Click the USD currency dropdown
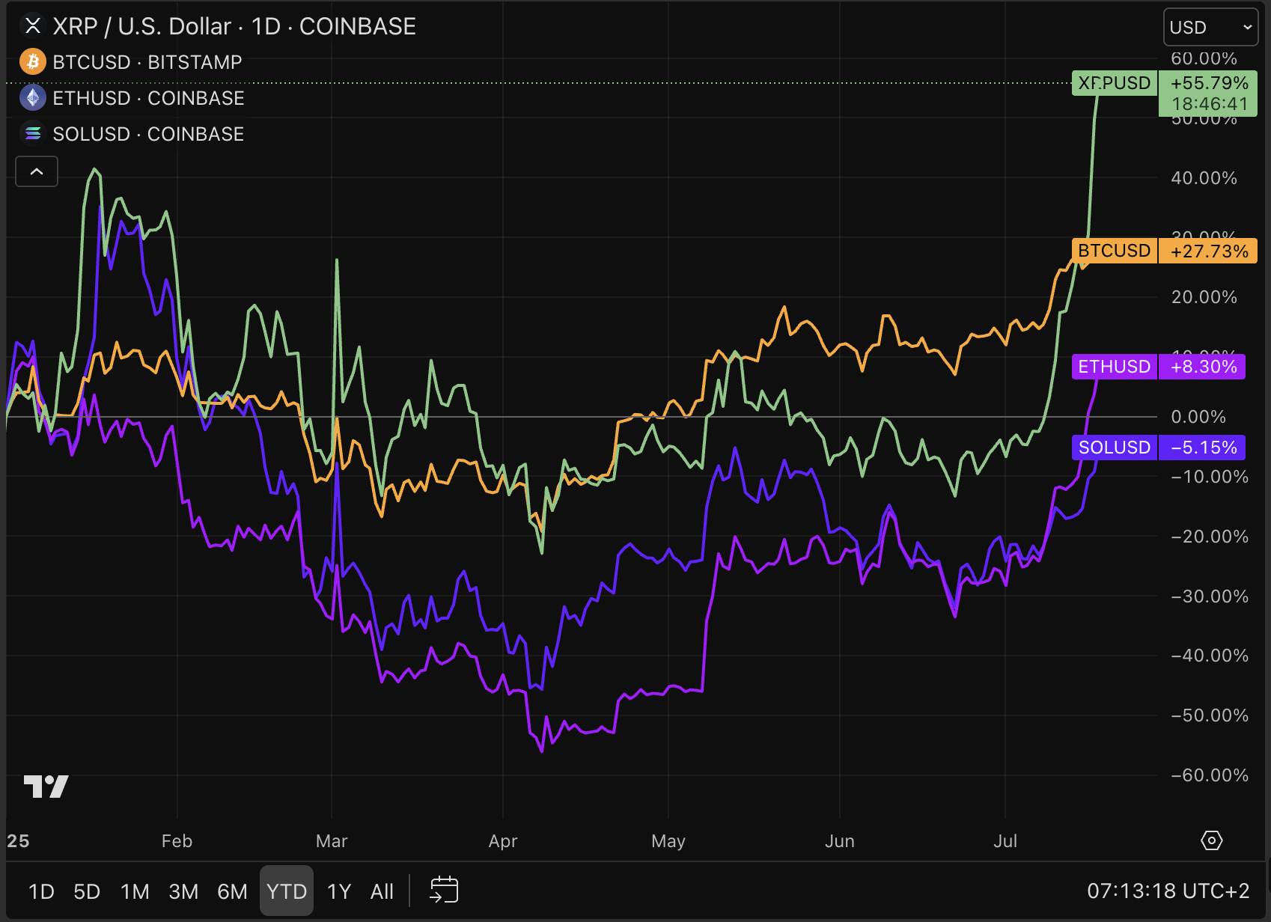tap(1210, 27)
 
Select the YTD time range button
tap(287, 891)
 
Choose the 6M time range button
tap(232, 891)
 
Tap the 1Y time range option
tap(339, 891)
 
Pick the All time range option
tap(382, 891)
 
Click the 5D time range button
tap(87, 891)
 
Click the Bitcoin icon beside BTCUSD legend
tap(32, 62)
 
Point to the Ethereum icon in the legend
tap(32, 98)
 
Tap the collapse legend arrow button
tap(37, 172)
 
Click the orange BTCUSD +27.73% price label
tap(1163, 251)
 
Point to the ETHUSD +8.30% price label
tap(1158, 367)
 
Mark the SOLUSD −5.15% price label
tap(1158, 448)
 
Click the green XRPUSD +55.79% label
tap(1163, 83)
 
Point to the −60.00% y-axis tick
tap(1209, 775)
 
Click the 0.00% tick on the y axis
tap(1198, 417)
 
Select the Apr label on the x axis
tap(503, 841)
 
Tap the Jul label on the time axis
tap(1005, 841)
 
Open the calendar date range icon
tap(444, 891)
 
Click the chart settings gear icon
tap(1211, 840)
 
